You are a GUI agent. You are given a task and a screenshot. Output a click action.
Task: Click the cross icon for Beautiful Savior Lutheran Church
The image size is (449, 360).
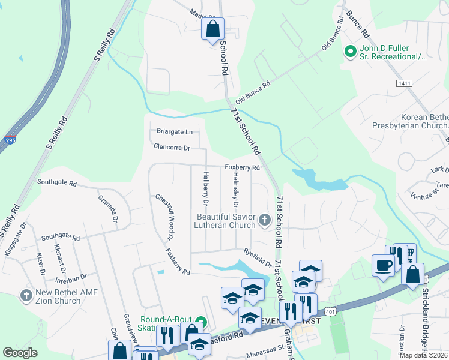[264, 220]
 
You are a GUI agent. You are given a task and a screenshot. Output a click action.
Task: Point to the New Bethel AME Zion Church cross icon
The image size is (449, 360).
[25, 295]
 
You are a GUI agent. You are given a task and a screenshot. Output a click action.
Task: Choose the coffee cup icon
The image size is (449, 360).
[383, 265]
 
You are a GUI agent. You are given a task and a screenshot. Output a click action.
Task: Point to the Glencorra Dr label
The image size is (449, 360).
[172, 147]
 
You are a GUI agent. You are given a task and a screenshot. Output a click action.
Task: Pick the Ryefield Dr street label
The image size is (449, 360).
[258, 256]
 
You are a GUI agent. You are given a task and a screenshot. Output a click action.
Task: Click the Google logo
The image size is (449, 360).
[20, 353]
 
